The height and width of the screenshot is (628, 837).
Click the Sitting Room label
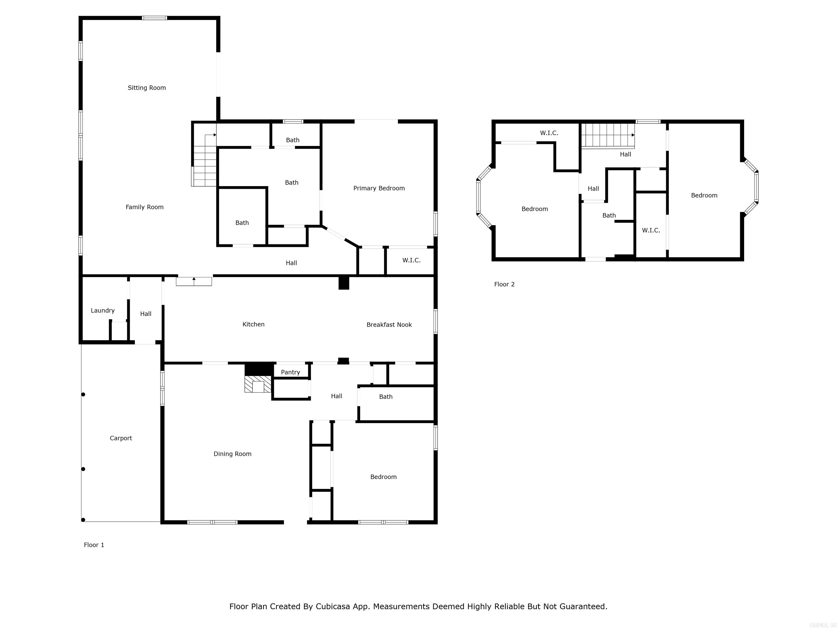[x=147, y=88]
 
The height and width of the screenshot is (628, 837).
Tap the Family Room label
[x=145, y=207]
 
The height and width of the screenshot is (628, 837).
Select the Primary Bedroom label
[x=379, y=188]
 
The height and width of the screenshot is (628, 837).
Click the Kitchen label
[x=253, y=324]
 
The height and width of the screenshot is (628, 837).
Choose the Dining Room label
[x=232, y=454]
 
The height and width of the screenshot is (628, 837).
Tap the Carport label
[x=121, y=438]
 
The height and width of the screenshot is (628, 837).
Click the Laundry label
[x=102, y=310]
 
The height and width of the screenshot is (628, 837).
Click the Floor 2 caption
[x=504, y=284]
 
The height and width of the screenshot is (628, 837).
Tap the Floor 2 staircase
[x=608, y=135]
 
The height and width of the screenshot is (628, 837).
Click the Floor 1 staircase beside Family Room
[x=204, y=160]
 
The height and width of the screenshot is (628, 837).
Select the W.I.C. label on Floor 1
[x=411, y=260]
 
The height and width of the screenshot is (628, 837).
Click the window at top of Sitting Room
[x=154, y=18]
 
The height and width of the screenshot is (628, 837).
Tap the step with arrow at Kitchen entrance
[x=194, y=281]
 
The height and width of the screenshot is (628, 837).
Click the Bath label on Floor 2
[x=609, y=215]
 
